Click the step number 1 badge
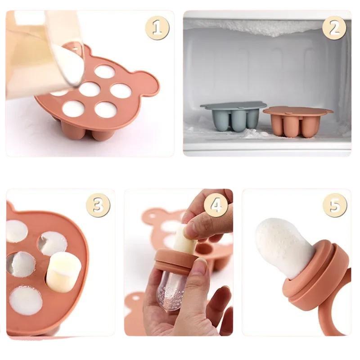pos(157,28)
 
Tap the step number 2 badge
pos(334,28)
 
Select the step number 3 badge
pos(98,206)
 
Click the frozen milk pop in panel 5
pos(281,245)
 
